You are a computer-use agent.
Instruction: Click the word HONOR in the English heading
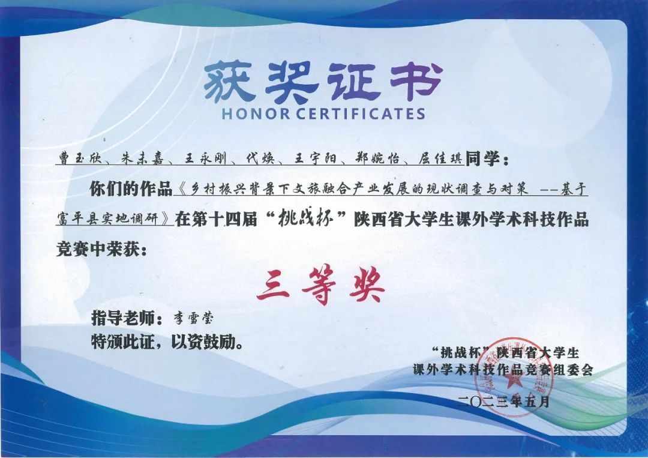[256, 113]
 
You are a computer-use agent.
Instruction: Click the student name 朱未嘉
[142, 158]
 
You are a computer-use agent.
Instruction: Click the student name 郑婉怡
[377, 158]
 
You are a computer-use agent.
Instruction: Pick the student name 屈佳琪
[439, 158]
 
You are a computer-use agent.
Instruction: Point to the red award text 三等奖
[320, 286]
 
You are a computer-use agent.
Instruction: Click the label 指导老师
[124, 319]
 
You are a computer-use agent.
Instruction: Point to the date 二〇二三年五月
[504, 401]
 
